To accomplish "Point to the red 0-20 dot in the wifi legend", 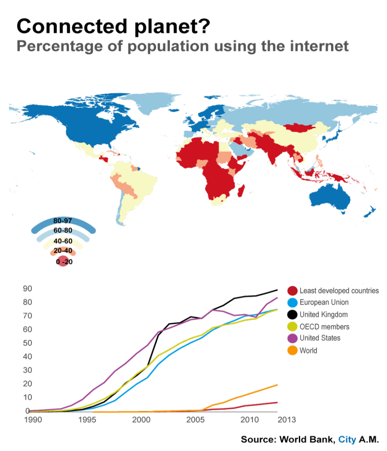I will click(x=64, y=262).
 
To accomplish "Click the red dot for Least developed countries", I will click(x=291, y=291).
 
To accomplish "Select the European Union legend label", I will click(x=324, y=303).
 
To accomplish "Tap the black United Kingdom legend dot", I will click(x=291, y=314).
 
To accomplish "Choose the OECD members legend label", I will click(x=324, y=326).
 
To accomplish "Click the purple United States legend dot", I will click(x=291, y=338).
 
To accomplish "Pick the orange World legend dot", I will click(x=291, y=351).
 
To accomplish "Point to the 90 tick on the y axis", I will click(x=28, y=288).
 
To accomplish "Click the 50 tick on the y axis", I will click(x=28, y=343).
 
